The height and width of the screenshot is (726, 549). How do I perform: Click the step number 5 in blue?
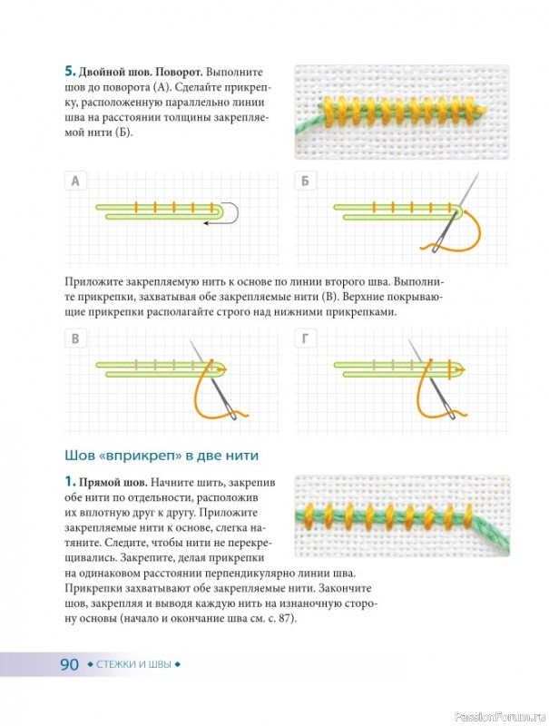point(70,72)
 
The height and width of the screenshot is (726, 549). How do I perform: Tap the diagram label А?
point(75,181)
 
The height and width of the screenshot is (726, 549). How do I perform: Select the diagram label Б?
point(305,181)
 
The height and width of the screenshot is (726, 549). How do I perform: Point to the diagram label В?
point(75,338)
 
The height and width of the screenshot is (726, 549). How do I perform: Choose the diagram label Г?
point(305,338)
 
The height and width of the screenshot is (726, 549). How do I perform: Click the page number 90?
point(70,664)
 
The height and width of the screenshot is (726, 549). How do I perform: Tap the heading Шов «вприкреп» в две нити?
point(162,456)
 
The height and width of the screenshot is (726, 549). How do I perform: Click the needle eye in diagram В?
point(234,416)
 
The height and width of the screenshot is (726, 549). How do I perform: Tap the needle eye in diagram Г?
point(451,416)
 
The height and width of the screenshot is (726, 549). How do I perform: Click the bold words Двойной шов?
point(115,73)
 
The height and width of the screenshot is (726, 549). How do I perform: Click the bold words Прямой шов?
point(113,483)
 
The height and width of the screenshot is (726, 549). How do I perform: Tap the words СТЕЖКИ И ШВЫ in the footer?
point(133,665)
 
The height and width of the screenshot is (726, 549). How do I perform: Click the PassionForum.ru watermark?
point(501,717)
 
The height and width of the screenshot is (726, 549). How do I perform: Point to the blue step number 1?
point(70,482)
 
